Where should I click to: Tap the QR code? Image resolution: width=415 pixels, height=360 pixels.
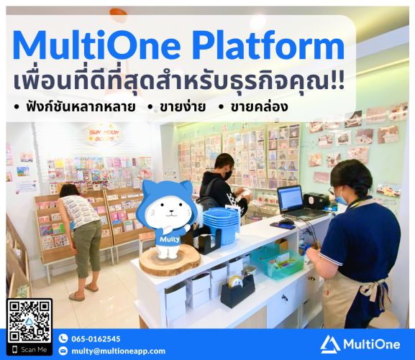(x=29, y=320)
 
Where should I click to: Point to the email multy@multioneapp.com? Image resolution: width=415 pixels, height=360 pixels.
(x=118, y=351)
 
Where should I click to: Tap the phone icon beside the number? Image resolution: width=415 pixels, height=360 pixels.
(x=63, y=338)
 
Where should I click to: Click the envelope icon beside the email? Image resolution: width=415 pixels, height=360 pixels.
(x=63, y=351)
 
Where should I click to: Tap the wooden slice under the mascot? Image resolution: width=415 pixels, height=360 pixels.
(x=170, y=261)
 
